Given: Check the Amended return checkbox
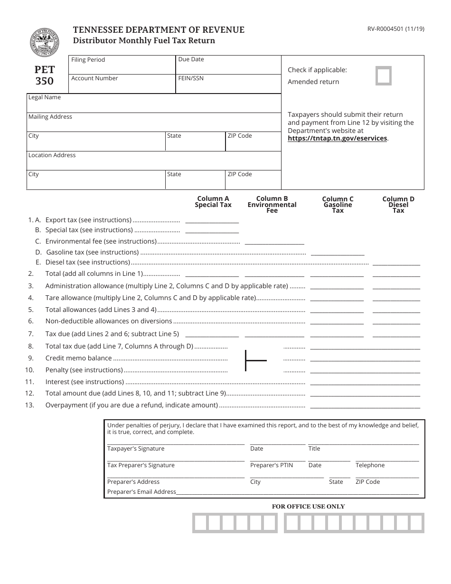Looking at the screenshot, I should point(384,76).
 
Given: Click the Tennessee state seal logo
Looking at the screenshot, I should point(45,42).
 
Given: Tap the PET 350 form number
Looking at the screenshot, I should point(45,75).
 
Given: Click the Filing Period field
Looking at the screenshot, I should point(122,65).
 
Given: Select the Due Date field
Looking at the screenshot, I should point(228,65).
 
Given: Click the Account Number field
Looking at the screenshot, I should point(122,84).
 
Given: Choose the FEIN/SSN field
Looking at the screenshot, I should point(228,84).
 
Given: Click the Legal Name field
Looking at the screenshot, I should point(154,103).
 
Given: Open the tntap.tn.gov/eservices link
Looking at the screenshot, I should point(338,139).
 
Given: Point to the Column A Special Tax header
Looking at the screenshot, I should point(213,202).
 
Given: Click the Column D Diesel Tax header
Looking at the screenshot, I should point(398,205).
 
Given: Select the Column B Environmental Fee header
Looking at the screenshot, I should point(272,205).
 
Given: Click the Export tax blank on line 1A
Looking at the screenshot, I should point(212,220).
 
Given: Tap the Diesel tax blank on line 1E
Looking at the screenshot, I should point(396,262).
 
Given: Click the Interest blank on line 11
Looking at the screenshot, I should point(365,382).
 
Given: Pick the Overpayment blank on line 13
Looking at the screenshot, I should point(365,405).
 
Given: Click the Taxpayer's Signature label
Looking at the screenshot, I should point(136,449).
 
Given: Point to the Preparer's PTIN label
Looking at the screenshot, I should point(272,465).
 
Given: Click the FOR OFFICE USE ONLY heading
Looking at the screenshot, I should point(308,507).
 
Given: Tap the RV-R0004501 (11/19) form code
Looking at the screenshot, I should point(393,28).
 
